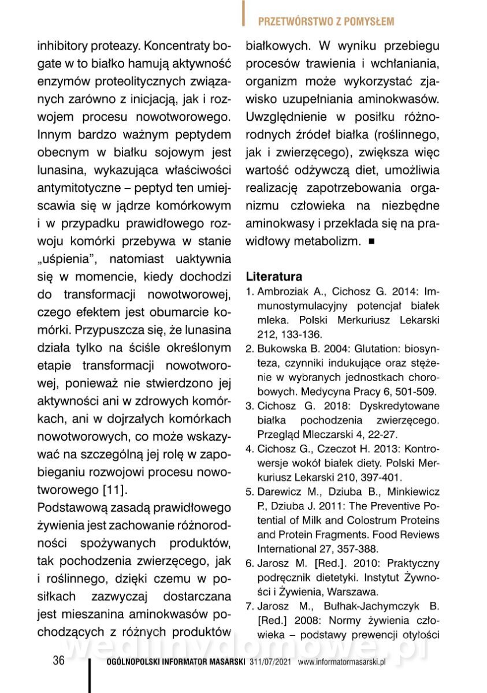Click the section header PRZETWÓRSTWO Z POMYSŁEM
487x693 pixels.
click(326, 22)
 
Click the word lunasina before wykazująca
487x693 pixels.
click(64, 170)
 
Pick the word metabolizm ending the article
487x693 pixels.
click(329, 240)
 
